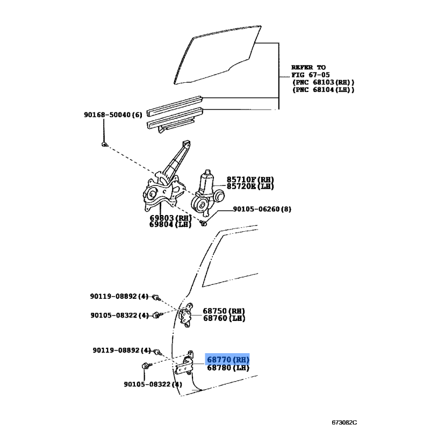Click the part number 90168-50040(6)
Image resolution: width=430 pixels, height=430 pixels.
(113, 114)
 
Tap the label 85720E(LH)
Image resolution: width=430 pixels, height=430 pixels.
(250, 186)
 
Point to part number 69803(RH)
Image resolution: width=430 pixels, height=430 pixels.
(170, 218)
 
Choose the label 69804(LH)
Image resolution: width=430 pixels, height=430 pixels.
(170, 225)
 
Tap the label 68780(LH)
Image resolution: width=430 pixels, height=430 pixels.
(228, 368)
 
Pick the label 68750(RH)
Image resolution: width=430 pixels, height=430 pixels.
(224, 311)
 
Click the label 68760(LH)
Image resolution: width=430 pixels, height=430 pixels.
(224, 318)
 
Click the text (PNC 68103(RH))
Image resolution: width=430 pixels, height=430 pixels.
(323, 82)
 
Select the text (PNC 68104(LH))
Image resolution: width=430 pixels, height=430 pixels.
(323, 90)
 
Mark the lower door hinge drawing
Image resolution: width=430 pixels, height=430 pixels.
(187, 365)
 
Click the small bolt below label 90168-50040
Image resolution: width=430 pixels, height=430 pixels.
(105, 144)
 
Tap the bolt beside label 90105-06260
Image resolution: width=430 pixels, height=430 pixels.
(204, 223)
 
